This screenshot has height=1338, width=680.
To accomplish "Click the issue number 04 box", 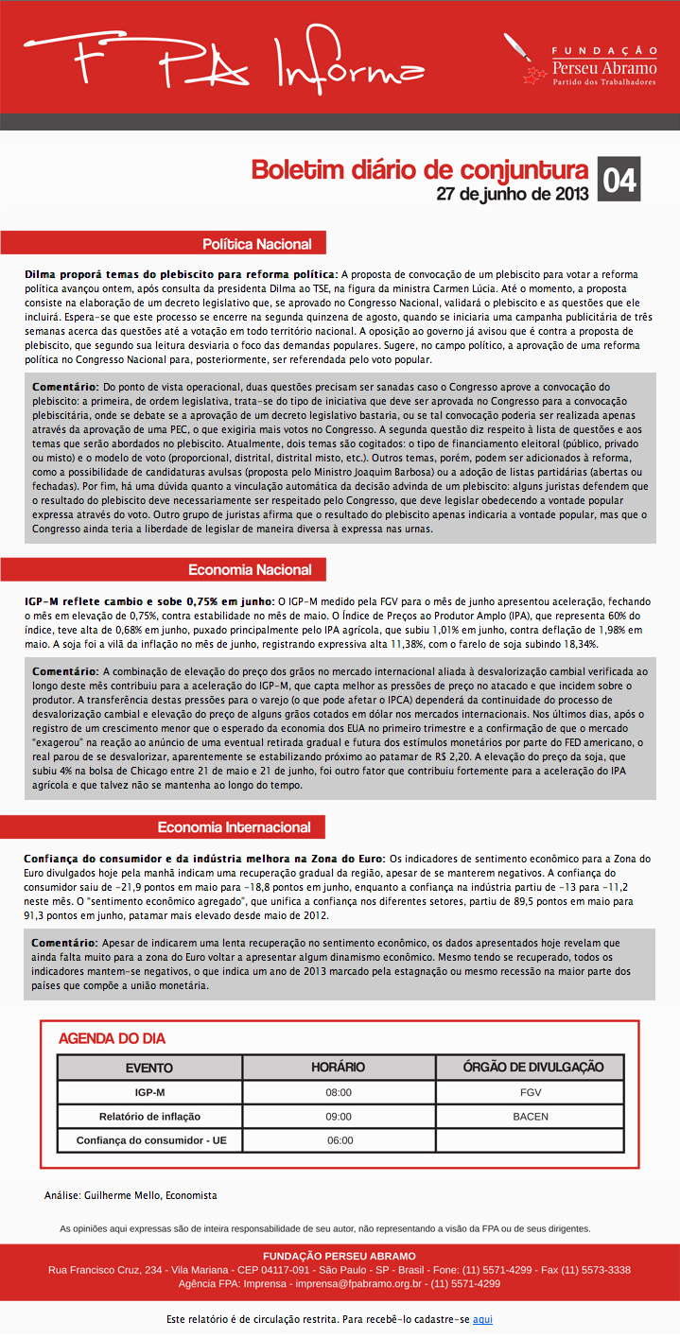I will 619,179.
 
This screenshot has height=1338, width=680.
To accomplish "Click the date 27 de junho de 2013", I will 513,194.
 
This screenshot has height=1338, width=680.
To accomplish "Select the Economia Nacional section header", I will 250,570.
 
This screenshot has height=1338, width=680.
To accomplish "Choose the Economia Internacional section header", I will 234,827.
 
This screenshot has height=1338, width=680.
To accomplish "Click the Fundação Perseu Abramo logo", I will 582,66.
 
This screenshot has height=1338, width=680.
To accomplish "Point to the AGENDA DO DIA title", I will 112,1038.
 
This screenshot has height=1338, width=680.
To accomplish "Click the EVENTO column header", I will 149,1068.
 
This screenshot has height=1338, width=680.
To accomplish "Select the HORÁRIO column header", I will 339,1068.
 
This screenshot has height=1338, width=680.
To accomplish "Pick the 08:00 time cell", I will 339,1092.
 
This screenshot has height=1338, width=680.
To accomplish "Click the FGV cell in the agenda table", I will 531,1092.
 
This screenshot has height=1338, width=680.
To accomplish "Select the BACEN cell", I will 531,1117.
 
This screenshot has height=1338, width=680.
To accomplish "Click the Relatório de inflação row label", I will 149,1117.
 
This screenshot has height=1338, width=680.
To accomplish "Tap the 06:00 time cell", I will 340,1140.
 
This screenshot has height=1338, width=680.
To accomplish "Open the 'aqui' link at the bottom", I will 482,1319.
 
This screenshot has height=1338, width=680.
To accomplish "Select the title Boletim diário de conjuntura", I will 419,170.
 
